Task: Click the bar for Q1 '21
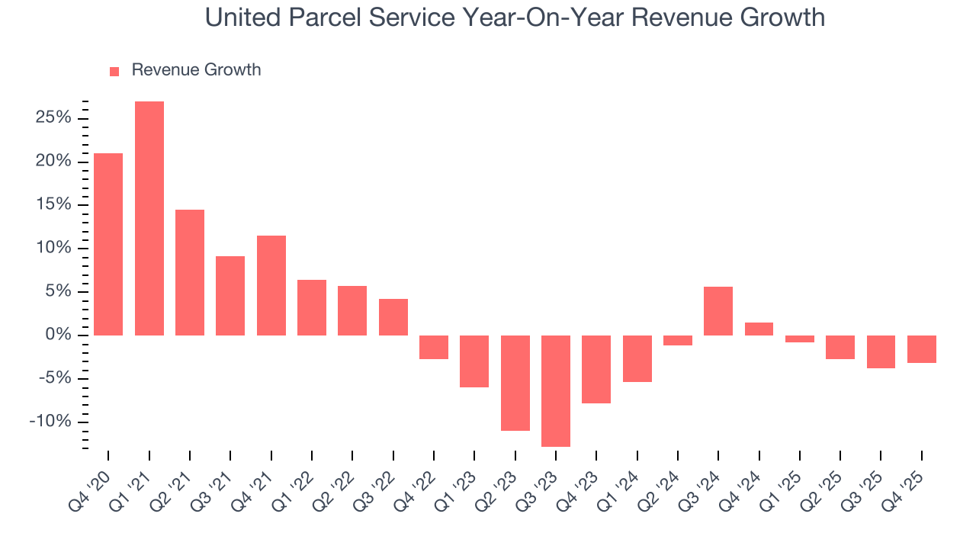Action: [149, 218]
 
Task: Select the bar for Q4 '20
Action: [108, 244]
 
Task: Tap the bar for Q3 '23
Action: [556, 390]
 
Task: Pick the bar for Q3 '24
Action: [718, 311]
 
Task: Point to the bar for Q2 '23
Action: [515, 383]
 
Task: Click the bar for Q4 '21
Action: [271, 285]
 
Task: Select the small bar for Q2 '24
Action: [678, 340]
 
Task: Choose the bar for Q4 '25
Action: [922, 348]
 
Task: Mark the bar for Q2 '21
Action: [190, 272]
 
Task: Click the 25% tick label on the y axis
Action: [53, 118]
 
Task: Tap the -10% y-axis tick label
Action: [50, 422]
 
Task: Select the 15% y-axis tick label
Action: [53, 205]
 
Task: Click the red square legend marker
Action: [114, 72]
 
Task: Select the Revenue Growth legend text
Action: [196, 70]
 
